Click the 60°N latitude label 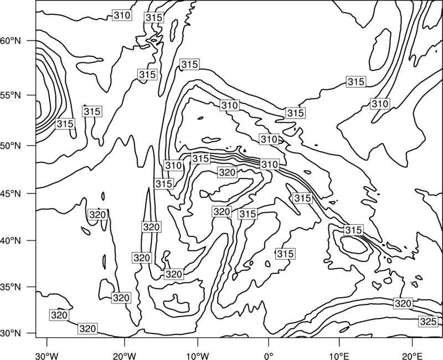coord(11,41)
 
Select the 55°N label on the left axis coord(11,95)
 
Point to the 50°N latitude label coord(11,146)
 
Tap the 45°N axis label coord(11,193)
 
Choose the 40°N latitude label coord(11,241)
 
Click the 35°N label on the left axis coord(11,287)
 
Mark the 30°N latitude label coord(11,333)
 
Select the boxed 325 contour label coord(428,322)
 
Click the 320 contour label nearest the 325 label coord(403,304)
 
